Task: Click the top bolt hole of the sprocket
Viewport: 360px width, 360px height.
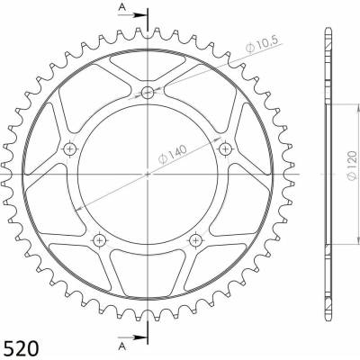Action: [x=148, y=92]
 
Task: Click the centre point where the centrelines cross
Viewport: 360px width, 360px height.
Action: [x=148, y=174]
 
